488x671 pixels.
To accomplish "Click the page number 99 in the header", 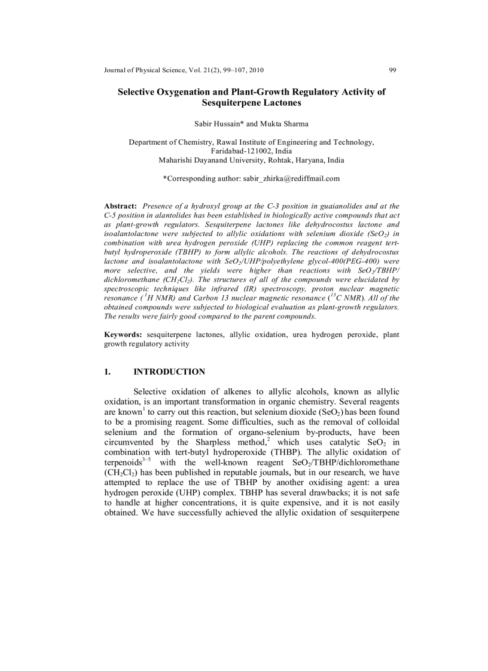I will coord(392,70).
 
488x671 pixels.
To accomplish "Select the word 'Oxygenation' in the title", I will coord(182,92).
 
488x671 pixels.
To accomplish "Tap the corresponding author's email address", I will coord(291,178).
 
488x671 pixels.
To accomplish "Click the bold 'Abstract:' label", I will coord(121,206).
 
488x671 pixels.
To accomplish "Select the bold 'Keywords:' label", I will coord(123,335).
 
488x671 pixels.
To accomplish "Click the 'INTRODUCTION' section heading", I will coord(169,372).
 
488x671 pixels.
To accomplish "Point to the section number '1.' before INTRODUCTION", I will coord(108,372).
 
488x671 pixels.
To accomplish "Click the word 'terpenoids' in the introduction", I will coord(122,462).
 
